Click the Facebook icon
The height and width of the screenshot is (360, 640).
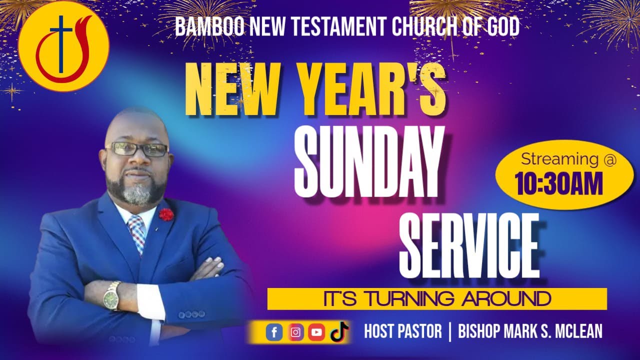pyautogui.click(x=274, y=332)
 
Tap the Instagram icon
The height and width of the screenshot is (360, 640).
pyautogui.click(x=296, y=332)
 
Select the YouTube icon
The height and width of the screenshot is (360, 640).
pyautogui.click(x=316, y=332)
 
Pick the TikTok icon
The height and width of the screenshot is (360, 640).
pyautogui.click(x=339, y=332)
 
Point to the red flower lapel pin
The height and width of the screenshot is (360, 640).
pyautogui.click(x=166, y=214)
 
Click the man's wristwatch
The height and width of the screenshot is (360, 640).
pyautogui.click(x=112, y=296)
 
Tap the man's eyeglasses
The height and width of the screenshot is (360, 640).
pyautogui.click(x=137, y=149)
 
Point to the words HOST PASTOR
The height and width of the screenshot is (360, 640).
pyautogui.click(x=403, y=331)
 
